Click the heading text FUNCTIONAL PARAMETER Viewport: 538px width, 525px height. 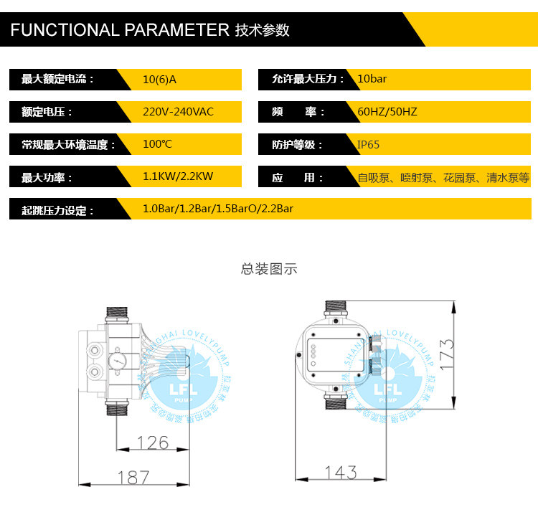119,30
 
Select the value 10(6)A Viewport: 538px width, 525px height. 159,79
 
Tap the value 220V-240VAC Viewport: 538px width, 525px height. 178,112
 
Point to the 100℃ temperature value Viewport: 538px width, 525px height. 157,144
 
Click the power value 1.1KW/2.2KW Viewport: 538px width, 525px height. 178,176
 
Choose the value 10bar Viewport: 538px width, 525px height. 372,79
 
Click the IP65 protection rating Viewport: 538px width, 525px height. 369,144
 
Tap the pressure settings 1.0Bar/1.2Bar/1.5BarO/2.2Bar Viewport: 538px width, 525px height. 218,209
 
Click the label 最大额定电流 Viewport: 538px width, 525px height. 57,79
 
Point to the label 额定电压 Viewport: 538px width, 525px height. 47,112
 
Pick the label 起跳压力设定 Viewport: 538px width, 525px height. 57,210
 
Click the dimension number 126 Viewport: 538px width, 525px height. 153,443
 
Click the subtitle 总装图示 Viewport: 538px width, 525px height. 269,269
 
